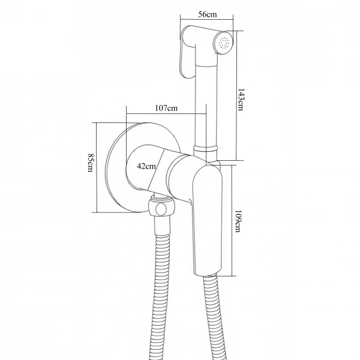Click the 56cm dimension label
tap(208, 14)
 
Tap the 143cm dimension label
tap(240, 100)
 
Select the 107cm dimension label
tap(166, 108)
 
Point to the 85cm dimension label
tap(90, 163)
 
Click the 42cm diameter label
tap(146, 166)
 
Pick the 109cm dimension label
tap(238, 221)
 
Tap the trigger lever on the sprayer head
tap(187, 54)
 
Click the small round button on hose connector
tap(160, 209)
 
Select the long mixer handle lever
tap(208, 220)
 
